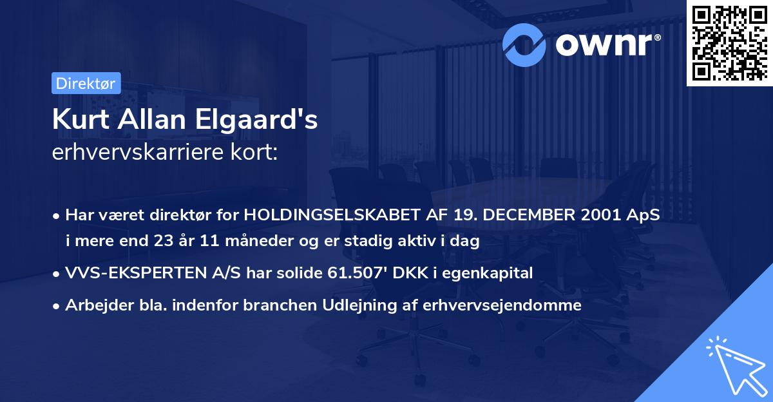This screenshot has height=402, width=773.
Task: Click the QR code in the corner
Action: pyautogui.click(x=729, y=43)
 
